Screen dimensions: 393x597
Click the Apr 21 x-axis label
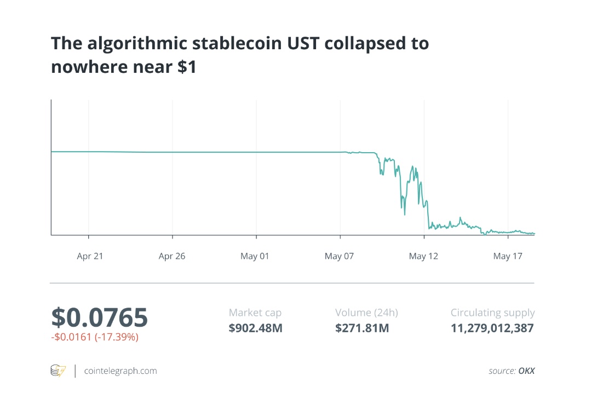click(90, 256)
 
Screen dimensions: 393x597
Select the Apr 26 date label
click(172, 256)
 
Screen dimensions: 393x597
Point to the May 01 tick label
click(255, 256)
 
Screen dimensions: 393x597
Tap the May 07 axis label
click(339, 256)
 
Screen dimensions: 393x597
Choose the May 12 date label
click(423, 256)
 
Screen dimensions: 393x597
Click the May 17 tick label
click(508, 256)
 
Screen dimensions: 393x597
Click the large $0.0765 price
click(99, 317)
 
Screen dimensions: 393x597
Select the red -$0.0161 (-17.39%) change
click(95, 337)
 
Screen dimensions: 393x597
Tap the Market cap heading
click(255, 313)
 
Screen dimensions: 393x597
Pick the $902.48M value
click(255, 328)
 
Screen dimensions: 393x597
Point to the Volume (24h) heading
click(366, 313)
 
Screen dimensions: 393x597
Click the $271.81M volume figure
click(362, 328)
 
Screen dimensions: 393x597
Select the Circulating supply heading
click(492, 313)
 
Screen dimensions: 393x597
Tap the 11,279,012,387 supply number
click(492, 328)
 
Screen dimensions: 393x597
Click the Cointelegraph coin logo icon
click(58, 371)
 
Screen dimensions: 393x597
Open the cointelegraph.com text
click(120, 371)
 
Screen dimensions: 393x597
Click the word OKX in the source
click(526, 371)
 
